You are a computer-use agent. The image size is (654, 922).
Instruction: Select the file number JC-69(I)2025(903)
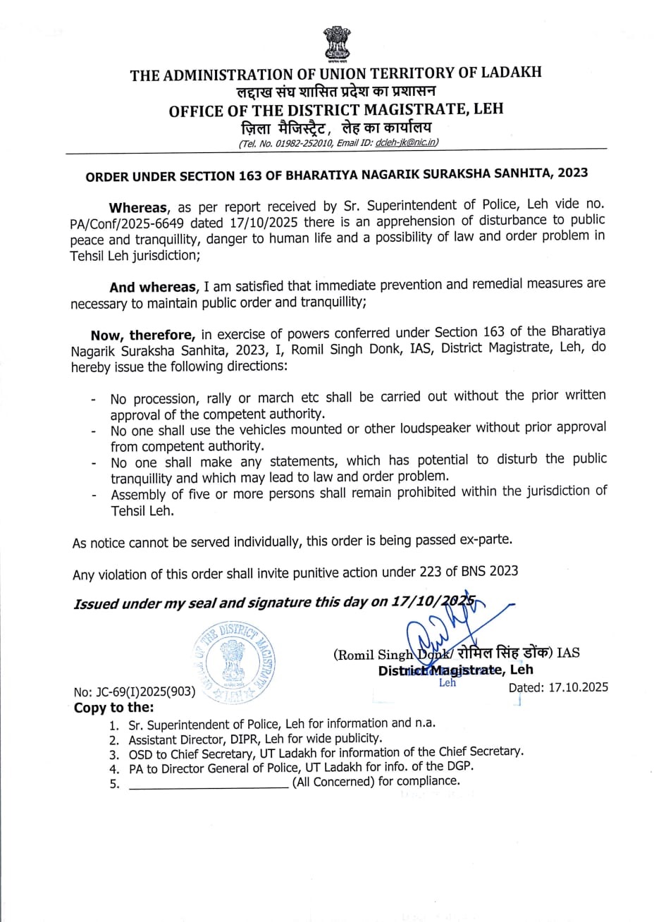point(134,691)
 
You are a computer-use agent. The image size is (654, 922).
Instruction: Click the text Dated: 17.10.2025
point(558,687)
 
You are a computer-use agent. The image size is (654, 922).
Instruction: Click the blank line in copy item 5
point(208,783)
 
